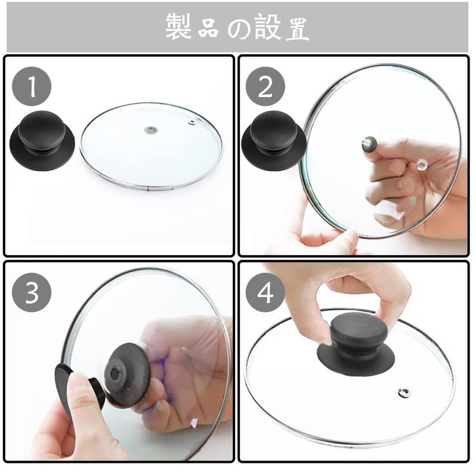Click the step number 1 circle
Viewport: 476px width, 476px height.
click(x=32, y=87)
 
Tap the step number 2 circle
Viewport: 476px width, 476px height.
click(x=265, y=87)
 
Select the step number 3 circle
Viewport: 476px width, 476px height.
click(x=32, y=292)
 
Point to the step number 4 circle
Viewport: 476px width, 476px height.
click(x=265, y=292)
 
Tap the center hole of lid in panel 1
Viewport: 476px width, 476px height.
click(x=151, y=129)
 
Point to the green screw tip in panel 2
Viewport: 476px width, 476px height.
click(x=370, y=143)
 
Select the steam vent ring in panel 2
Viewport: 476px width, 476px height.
click(x=422, y=163)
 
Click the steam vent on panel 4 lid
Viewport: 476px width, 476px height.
click(x=404, y=392)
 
